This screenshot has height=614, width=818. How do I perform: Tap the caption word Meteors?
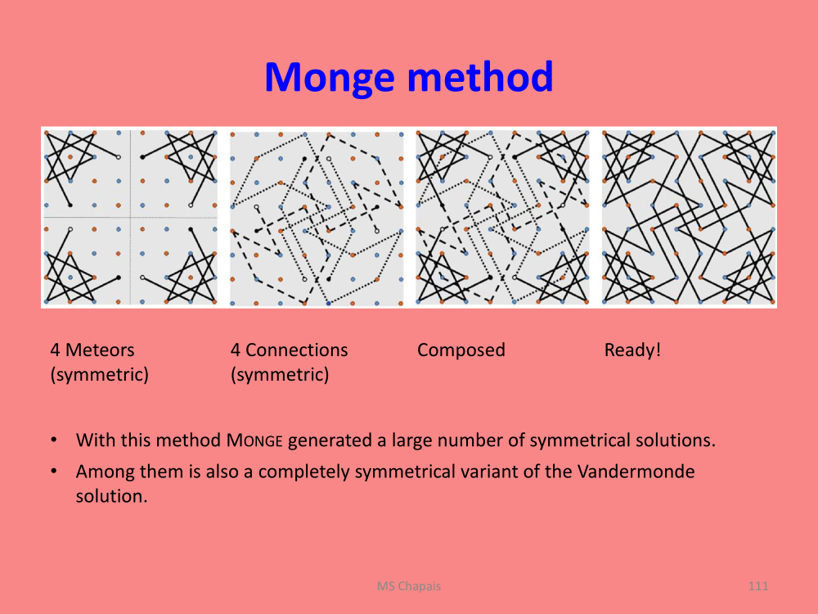point(100,350)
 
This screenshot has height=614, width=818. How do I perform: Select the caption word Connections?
point(296,350)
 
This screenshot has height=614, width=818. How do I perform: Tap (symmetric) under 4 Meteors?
point(99,375)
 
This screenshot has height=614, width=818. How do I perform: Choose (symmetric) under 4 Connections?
point(280,375)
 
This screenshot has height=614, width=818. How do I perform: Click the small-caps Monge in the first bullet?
point(254,440)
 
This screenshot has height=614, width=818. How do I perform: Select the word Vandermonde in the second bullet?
point(636,472)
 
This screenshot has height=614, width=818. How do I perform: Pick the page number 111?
point(758,586)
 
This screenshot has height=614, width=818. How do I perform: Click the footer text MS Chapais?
point(409,586)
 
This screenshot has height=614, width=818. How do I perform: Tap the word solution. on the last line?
point(111,496)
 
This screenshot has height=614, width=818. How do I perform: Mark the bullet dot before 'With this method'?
point(54,440)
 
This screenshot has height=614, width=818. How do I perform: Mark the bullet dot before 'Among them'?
point(54,472)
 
